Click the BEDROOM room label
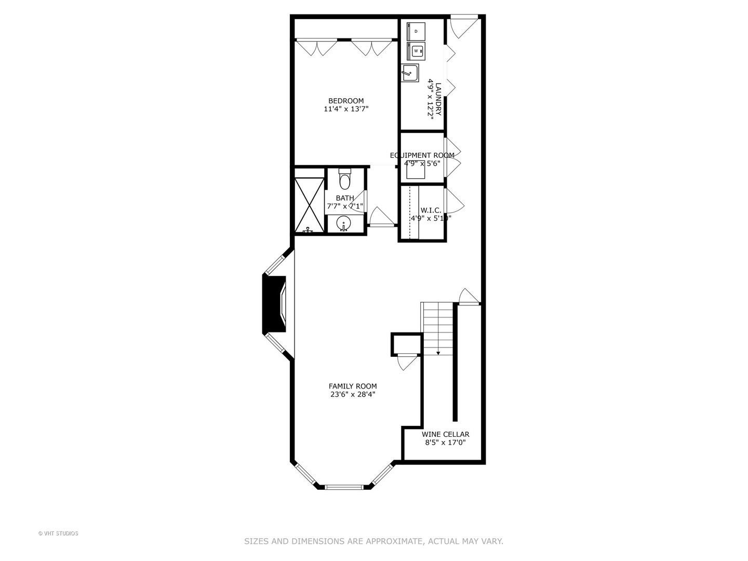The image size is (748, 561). pyautogui.click(x=346, y=101)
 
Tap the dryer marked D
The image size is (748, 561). pyautogui.click(x=416, y=31)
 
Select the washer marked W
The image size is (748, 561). pyautogui.click(x=416, y=51)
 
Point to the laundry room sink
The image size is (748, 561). pyautogui.click(x=410, y=73)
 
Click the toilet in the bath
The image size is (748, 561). pyautogui.click(x=345, y=180)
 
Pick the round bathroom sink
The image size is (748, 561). pyautogui.click(x=343, y=224)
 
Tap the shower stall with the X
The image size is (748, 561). pyautogui.click(x=309, y=205)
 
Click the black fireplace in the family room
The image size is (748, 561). pyautogui.click(x=274, y=303)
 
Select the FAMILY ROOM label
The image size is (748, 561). pyautogui.click(x=353, y=386)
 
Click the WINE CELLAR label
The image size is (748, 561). pyautogui.click(x=445, y=434)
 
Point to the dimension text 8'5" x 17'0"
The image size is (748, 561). pyautogui.click(x=445, y=443)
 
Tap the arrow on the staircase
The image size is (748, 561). pyautogui.click(x=438, y=353)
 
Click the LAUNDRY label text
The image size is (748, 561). pyautogui.click(x=438, y=99)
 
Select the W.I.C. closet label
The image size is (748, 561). pyautogui.click(x=431, y=210)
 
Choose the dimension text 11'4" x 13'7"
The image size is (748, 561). pyautogui.click(x=346, y=109)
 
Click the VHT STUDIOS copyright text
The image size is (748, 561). pyautogui.click(x=58, y=533)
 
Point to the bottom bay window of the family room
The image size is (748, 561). pyautogui.click(x=343, y=487)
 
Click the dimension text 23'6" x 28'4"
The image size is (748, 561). pyautogui.click(x=353, y=394)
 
